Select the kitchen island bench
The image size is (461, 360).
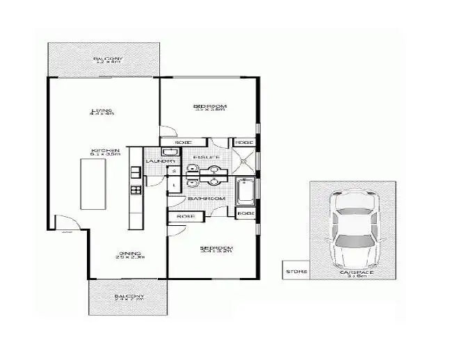point(93,183)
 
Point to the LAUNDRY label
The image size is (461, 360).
point(154,162)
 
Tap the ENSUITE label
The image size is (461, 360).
point(207,158)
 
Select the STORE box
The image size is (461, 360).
point(296,271)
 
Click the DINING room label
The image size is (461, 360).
point(129,254)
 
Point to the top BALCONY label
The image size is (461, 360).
point(108,60)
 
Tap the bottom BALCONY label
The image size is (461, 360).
point(129,297)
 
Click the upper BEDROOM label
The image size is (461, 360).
point(210,106)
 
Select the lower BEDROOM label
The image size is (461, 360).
point(216,249)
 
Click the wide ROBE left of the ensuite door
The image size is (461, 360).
point(184,142)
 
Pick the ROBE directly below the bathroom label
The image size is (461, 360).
point(186,216)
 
